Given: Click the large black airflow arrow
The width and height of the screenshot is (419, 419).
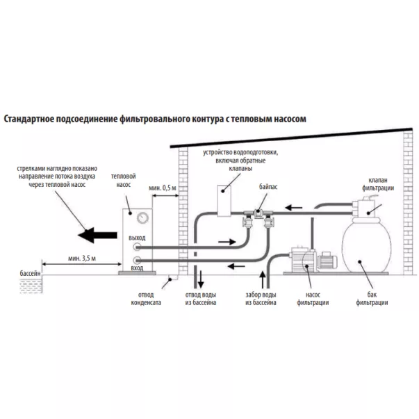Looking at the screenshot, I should tap(96, 235).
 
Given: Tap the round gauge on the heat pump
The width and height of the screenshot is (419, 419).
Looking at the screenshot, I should tap(142, 217).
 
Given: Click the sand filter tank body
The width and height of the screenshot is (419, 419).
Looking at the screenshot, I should tap(365, 254).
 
